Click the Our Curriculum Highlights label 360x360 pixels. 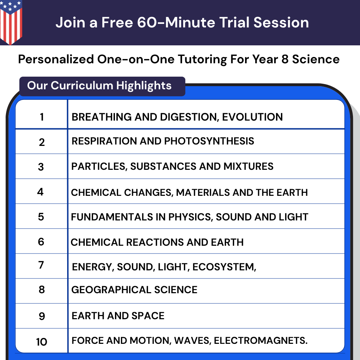(99, 86)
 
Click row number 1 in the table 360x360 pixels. (42, 117)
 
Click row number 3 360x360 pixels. (41, 167)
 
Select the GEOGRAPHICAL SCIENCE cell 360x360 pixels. (134, 290)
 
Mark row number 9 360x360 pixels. (41, 316)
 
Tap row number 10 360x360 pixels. (41, 341)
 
